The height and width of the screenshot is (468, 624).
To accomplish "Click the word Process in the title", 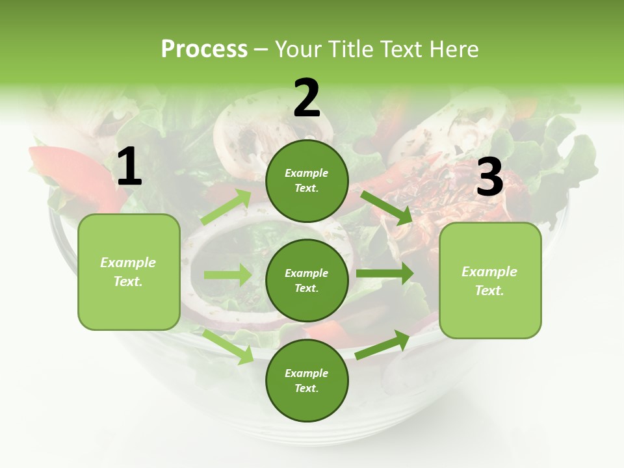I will (204, 49).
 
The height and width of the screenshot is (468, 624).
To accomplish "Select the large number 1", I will (129, 167).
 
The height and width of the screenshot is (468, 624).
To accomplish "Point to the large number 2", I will (307, 98).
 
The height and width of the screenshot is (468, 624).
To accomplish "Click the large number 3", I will (489, 177).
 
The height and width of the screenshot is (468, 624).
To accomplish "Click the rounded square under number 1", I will (129, 272).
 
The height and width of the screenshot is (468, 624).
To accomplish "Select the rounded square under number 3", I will (490, 281).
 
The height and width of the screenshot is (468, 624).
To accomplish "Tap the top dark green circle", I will (307, 181).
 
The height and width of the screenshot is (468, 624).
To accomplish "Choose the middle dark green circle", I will (307, 281).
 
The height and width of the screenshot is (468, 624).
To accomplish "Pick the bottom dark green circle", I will (307, 381).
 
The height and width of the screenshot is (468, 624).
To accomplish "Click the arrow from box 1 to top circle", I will (226, 207).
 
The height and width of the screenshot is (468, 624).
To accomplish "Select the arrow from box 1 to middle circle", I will (227, 275).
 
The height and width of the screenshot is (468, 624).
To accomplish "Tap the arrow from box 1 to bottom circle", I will (228, 346).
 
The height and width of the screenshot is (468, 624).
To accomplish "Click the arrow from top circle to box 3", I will (386, 207).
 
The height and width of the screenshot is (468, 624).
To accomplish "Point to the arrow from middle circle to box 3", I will (384, 273).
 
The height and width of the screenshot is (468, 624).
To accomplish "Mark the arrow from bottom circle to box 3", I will (383, 344).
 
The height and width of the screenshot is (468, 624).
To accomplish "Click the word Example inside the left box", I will (128, 263).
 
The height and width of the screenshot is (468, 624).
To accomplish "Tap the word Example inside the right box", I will (489, 272).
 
